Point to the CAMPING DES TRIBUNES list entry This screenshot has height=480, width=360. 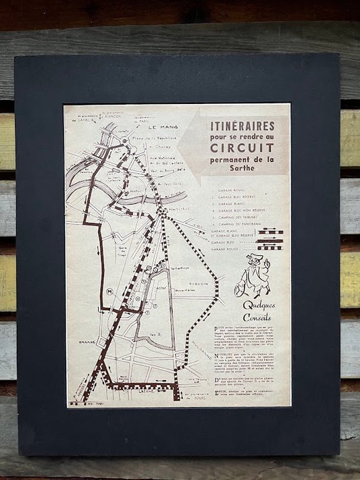tap(243, 215)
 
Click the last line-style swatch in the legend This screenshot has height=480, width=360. tap(270, 247)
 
